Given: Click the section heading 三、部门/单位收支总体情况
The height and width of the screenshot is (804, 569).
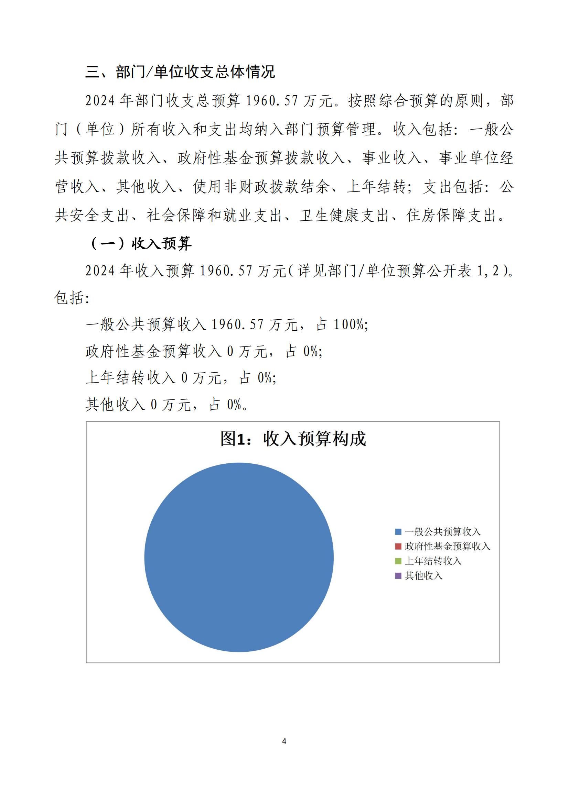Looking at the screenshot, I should click(x=180, y=72).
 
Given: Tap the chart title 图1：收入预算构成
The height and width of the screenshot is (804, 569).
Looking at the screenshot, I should click(x=293, y=439).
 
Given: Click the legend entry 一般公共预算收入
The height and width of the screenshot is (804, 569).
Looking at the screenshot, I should click(x=442, y=531).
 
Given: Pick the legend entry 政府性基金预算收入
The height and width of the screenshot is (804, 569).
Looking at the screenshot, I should click(x=447, y=546).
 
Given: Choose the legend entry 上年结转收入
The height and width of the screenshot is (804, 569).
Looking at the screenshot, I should click(x=433, y=561).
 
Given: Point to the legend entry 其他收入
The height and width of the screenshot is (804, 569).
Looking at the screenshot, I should click(x=423, y=576).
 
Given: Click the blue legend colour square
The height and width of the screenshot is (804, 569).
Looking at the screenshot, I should click(x=398, y=532).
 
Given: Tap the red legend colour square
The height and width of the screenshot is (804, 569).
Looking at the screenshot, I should click(x=398, y=546).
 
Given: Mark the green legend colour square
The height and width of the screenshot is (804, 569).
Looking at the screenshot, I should click(x=398, y=561).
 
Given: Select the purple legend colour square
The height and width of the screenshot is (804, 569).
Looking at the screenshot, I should click(x=398, y=576).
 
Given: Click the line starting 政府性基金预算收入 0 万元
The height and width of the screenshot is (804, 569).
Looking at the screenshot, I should click(x=204, y=351).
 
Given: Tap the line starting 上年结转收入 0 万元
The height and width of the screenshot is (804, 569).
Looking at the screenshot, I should click(x=181, y=378).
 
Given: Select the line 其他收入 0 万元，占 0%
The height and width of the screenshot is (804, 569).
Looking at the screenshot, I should click(x=167, y=405).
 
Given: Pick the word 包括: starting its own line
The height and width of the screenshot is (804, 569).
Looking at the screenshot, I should click(x=72, y=298).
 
